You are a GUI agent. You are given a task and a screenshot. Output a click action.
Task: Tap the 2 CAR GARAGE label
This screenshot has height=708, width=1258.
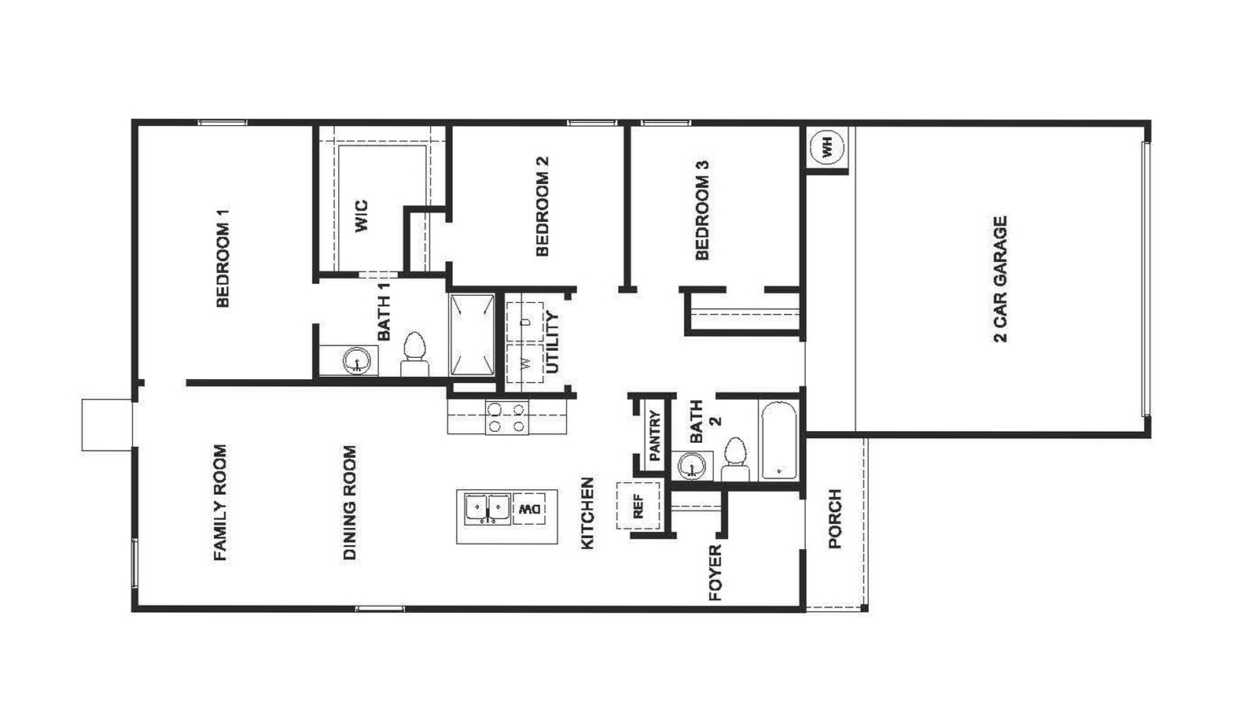click(x=1000, y=279)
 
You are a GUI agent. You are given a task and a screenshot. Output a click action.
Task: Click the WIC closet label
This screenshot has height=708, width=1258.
click(x=361, y=216)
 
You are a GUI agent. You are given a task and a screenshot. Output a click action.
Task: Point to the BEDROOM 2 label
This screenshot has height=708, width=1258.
click(x=542, y=206)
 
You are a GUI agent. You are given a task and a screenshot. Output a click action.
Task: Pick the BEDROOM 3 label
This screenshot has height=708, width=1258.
click(x=702, y=210)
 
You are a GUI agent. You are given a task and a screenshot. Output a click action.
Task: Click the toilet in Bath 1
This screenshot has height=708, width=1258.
click(x=414, y=355)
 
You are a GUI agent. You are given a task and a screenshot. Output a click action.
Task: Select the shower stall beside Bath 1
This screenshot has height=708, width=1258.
click(x=472, y=335)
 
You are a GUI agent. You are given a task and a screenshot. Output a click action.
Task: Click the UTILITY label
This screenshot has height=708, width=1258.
click(x=552, y=343)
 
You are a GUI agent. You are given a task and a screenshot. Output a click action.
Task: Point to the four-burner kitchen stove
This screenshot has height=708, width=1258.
click(x=506, y=418)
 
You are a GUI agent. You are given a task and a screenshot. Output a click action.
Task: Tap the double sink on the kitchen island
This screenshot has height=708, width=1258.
click(x=487, y=508)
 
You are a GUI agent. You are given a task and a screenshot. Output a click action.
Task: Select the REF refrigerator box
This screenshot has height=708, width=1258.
click(x=638, y=505)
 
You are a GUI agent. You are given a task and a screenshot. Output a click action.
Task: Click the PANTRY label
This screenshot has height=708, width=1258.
click(x=654, y=436)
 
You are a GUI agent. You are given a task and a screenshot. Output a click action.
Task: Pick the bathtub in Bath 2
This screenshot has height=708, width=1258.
click(x=778, y=441)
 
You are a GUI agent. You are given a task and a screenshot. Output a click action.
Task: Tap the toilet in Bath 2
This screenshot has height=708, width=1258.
click(x=735, y=459)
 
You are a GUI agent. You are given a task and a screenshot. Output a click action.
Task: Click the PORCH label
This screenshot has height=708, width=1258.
click(x=835, y=518)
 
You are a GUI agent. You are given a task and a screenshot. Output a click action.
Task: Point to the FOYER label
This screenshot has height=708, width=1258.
click(x=715, y=573)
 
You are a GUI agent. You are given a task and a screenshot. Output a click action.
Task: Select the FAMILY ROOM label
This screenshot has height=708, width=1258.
click(x=220, y=503)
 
